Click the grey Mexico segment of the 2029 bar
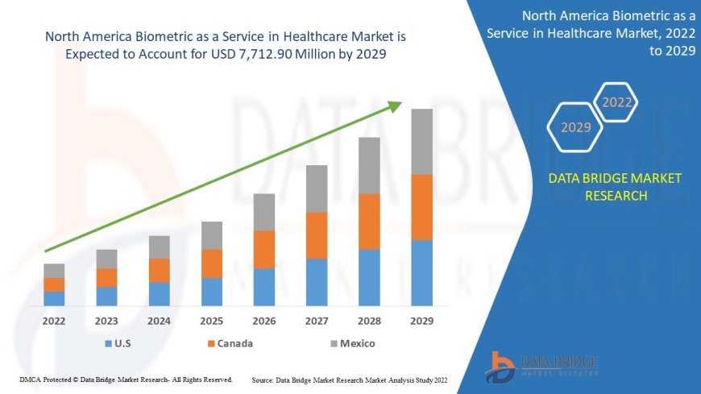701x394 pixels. pos(421,141)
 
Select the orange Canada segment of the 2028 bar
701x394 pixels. pos(369,221)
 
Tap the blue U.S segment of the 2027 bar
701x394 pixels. pos(317,282)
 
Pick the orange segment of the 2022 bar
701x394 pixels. pos(54,284)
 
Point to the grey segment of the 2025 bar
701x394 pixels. pos(212,235)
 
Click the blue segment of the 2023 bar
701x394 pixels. pos(106,297)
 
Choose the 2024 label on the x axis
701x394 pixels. pos(159,321)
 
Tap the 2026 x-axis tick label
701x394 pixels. pos(263,321)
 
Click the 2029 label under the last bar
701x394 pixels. pos(421,321)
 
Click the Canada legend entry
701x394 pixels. pos(229,343)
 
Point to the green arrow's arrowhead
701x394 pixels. pos(395,106)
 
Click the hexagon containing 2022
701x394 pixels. pos(616,102)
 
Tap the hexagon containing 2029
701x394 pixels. pos(575,126)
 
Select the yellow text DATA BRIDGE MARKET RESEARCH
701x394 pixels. pos(615,186)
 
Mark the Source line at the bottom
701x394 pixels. pos(350,379)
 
